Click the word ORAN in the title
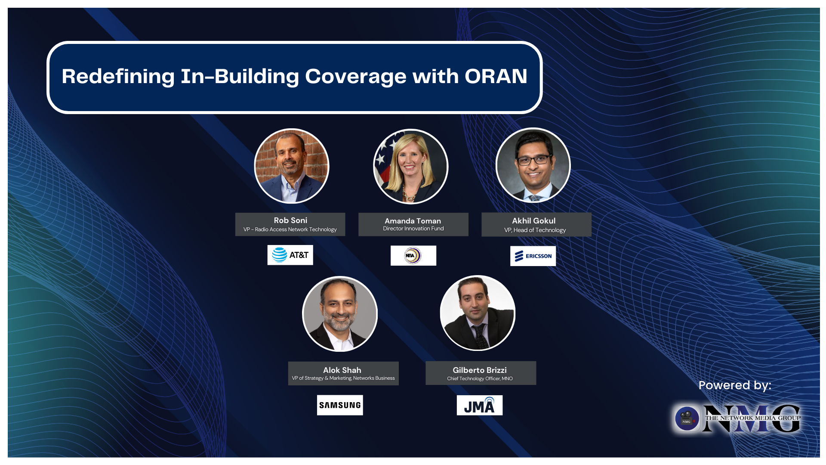coord(496,76)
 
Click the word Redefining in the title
coord(118,76)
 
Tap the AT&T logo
coord(290,255)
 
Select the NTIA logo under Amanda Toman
coord(413,255)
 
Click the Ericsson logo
coord(533,256)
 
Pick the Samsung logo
coord(340,405)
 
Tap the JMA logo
coord(479,406)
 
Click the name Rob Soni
coord(290,220)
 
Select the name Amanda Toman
coord(413,221)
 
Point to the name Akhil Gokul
coord(533,221)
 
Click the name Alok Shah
coord(342,370)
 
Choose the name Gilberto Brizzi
coord(479,370)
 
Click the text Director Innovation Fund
coord(413,229)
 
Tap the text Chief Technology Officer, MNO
coord(480,379)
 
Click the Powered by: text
coord(734,385)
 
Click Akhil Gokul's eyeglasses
coord(534,160)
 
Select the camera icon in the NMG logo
coord(687,418)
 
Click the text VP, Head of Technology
coord(535,230)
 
